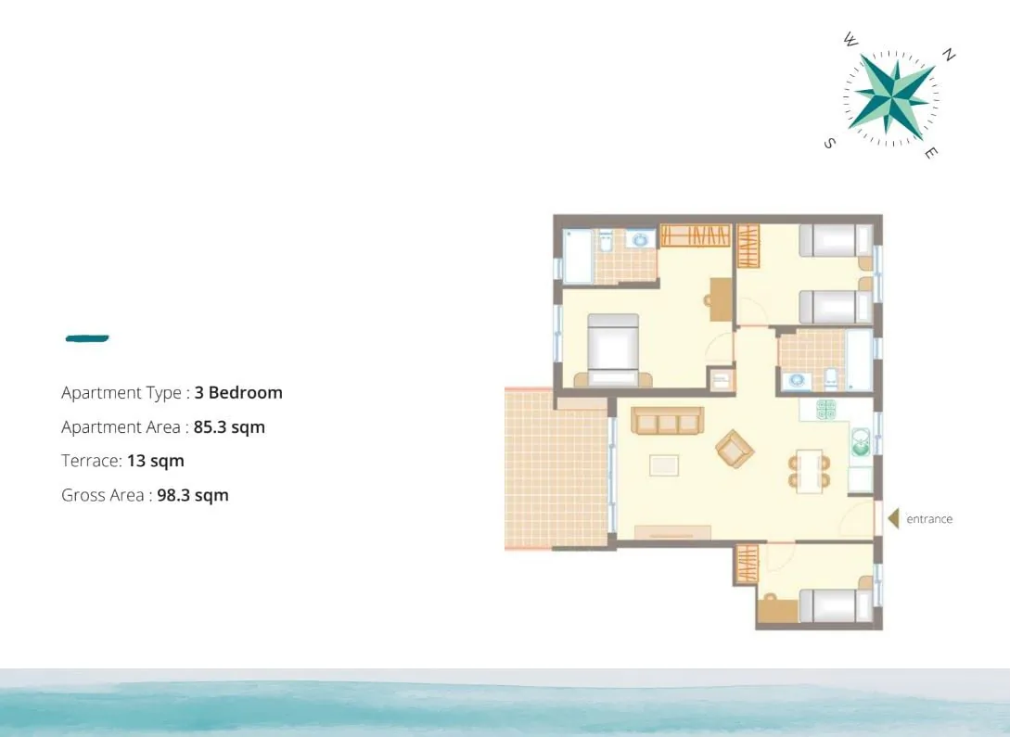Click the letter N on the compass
pos(948,55)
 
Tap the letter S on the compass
pos(830,143)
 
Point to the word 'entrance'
pos(928,519)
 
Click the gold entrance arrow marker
pos(893,518)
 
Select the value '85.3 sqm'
pos(229,426)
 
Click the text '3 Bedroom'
pos(238,392)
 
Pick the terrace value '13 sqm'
pos(155,461)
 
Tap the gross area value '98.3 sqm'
pos(193,495)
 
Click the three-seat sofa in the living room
pos(668,420)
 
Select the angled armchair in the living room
pos(735,448)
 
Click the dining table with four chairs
pos(809,471)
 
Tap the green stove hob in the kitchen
pos(825,410)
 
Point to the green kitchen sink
pos(861,442)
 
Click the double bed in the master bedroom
pos(612,350)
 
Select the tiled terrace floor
pos(556,470)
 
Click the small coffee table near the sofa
pos(663,464)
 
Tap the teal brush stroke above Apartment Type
pos(87,338)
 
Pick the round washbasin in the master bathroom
pos(640,240)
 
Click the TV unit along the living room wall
pos(672,532)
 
